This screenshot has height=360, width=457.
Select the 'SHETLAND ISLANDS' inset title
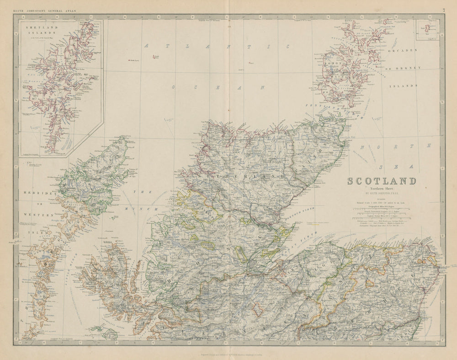pos(40,30)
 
